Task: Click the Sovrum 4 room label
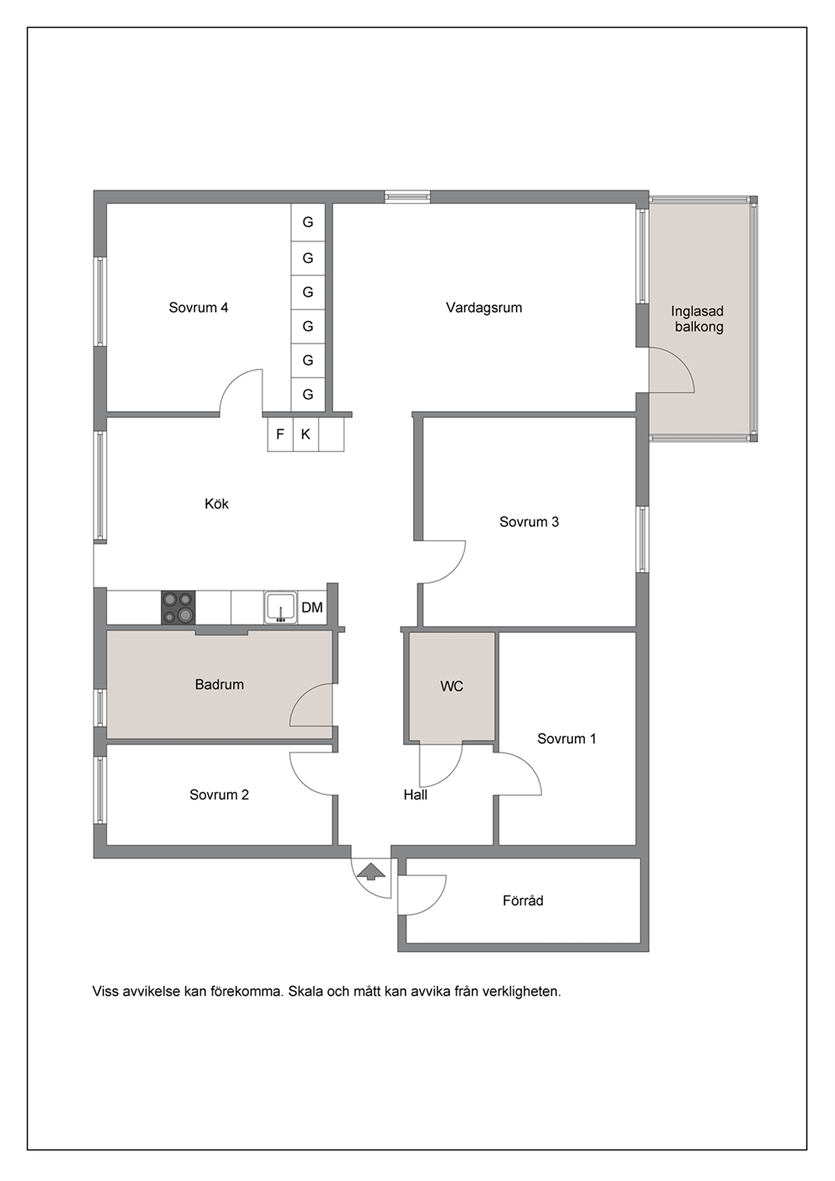point(198,307)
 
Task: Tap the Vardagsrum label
point(484,307)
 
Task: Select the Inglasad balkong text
point(699,319)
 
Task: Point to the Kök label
point(216,504)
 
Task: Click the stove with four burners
point(178,608)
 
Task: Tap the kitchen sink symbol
point(281,608)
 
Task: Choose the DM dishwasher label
point(312,608)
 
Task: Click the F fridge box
point(280,434)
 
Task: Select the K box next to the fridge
point(306,434)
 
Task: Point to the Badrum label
point(220,685)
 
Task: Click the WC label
point(452,686)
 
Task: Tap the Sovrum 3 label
point(529,522)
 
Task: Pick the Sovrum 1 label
point(566,739)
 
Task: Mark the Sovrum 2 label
point(220,795)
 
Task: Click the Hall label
point(415,795)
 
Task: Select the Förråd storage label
point(523,901)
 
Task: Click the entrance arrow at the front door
point(371,871)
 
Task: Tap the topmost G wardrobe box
point(308,222)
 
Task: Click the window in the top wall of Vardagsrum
point(407,197)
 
